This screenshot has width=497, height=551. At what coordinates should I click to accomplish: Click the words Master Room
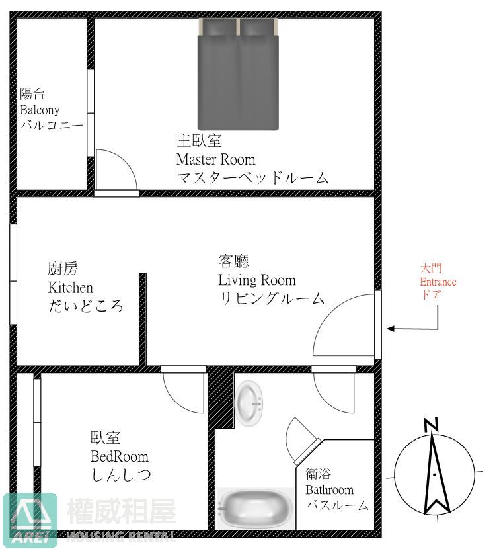tap(215, 159)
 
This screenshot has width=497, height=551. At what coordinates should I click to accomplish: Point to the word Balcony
tap(40, 110)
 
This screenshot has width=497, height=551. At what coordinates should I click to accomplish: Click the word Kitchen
tap(71, 288)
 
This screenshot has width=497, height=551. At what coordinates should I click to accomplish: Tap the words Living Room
tap(257, 280)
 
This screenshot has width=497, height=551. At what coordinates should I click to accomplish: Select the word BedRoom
tap(120, 456)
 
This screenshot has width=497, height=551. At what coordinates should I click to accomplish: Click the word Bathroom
tap(329, 490)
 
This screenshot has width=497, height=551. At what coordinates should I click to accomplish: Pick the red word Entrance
tap(438, 282)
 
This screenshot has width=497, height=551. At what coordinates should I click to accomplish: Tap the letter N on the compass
tap(432, 423)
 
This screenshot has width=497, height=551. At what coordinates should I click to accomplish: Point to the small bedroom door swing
tap(182, 393)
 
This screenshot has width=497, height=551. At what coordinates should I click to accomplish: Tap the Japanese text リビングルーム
tap(272, 298)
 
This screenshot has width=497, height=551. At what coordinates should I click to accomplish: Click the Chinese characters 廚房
tap(63, 269)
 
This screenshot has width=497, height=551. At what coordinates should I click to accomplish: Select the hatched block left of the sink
tap(221, 400)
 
